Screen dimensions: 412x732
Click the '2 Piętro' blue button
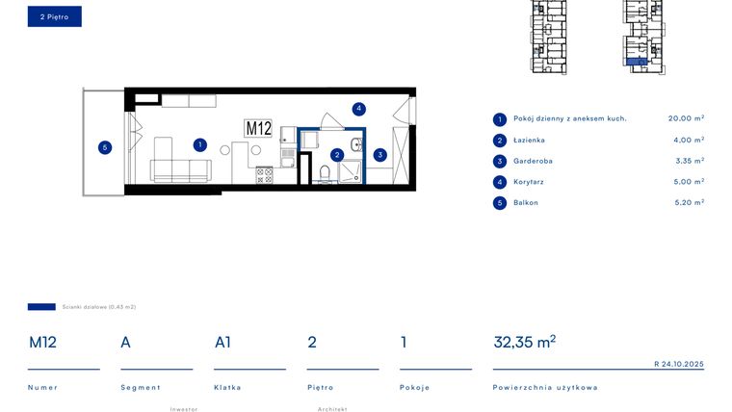[x=54, y=16]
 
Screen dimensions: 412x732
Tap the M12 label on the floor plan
[x=258, y=128]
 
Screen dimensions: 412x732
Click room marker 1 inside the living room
[x=199, y=145]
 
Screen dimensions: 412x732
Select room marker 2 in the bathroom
[x=337, y=154]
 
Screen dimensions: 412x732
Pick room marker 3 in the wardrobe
[x=380, y=154]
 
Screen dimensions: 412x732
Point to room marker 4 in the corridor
[x=358, y=109]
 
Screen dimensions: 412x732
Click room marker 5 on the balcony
[x=105, y=147]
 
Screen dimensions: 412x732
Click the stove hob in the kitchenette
[x=263, y=176]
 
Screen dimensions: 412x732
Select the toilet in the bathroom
[x=325, y=173]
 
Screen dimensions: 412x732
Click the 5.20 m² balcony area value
[x=686, y=203]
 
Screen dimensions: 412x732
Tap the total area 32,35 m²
[x=524, y=342]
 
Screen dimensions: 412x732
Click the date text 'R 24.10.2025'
[x=679, y=364]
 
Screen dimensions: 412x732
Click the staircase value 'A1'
[x=222, y=342]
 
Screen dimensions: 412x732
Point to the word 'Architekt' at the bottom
[x=331, y=408]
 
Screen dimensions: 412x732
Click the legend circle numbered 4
[x=499, y=182]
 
